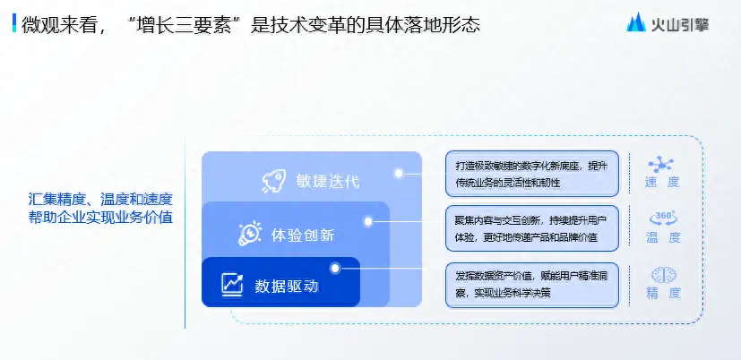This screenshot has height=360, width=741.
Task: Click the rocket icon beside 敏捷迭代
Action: click(x=273, y=182)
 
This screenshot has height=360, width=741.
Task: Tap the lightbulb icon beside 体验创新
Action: click(x=250, y=233)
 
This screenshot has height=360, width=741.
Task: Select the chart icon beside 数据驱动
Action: click(x=232, y=285)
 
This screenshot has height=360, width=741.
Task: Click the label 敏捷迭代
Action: click(x=328, y=182)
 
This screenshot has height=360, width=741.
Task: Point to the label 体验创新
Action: click(x=303, y=235)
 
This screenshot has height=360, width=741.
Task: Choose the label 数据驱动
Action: click(x=287, y=286)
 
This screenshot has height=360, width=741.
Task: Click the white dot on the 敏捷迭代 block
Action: click(x=399, y=174)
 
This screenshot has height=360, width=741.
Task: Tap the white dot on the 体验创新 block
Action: click(x=368, y=221)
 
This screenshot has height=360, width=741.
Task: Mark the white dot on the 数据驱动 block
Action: click(x=335, y=269)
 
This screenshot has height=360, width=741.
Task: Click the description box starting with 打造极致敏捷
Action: click(x=532, y=174)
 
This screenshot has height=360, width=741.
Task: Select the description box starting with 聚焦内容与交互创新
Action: click(x=532, y=228)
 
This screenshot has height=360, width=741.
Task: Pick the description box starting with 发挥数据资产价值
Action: click(x=532, y=286)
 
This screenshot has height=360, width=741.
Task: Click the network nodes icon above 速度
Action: click(x=661, y=165)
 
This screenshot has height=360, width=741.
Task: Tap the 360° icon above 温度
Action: click(x=664, y=218)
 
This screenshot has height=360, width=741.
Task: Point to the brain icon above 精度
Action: click(x=664, y=275)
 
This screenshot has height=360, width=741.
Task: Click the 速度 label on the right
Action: click(x=662, y=183)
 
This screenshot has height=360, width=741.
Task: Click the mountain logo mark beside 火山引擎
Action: click(x=636, y=21)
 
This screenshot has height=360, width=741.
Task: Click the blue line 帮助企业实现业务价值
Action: click(x=100, y=219)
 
